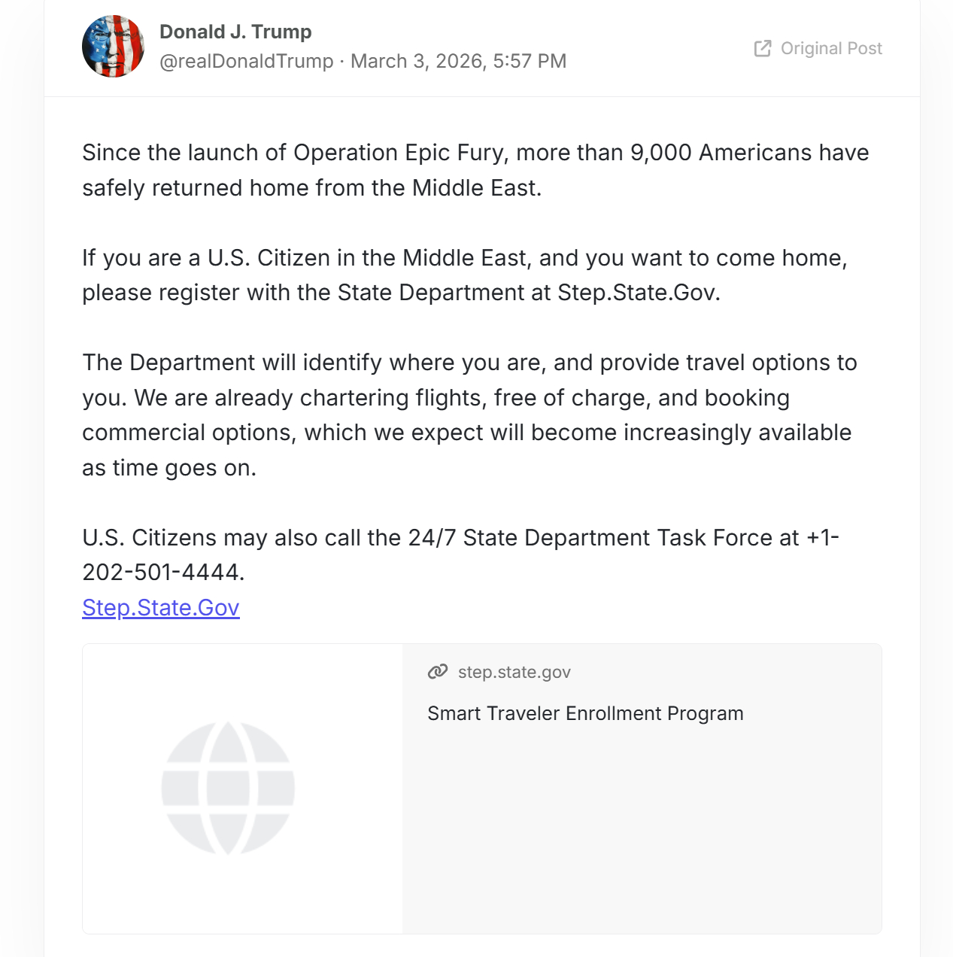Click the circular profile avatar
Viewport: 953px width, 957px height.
coord(113,47)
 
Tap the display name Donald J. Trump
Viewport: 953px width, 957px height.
coord(235,32)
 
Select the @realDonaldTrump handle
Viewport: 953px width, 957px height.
coord(246,61)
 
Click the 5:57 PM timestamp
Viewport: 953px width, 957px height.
coord(530,61)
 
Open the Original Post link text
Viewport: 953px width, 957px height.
coord(831,48)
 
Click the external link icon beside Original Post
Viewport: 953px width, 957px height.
coord(763,48)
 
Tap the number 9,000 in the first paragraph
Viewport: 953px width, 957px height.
coord(660,153)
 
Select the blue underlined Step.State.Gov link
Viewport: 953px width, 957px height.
coord(161,607)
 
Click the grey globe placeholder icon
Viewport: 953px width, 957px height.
coord(228,788)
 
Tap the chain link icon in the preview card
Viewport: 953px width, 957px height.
coord(438,672)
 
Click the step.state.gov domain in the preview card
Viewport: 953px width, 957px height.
coord(514,672)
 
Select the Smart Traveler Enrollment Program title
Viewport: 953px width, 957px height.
coord(585,713)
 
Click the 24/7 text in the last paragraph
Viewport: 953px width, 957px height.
coord(432,538)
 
